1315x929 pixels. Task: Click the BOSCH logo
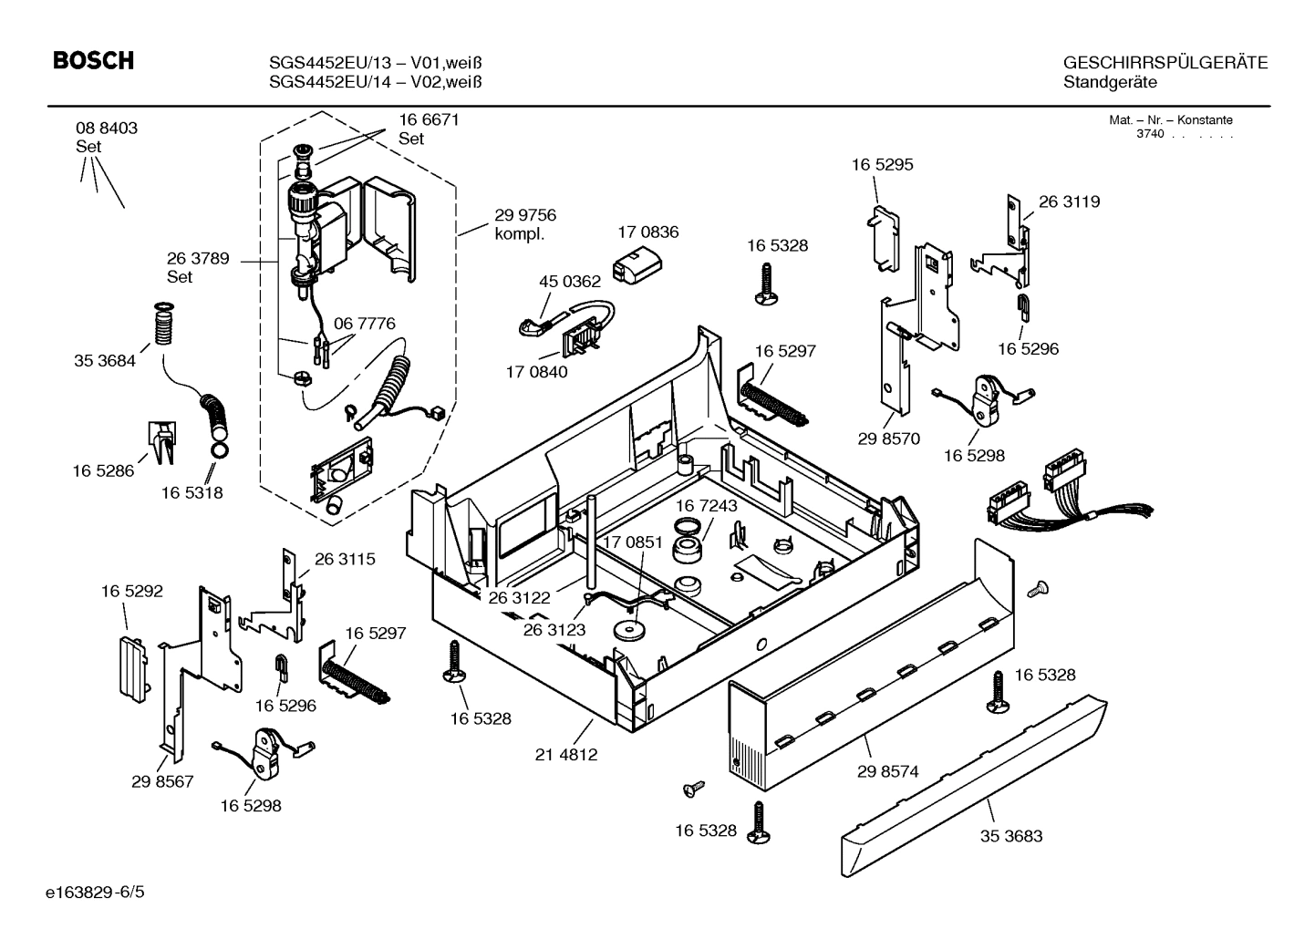93,61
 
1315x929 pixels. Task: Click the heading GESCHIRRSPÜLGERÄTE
1165,63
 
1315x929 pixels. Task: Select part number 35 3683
1010,836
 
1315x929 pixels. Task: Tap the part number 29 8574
887,771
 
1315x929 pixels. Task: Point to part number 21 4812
566,755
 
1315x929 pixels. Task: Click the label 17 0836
647,232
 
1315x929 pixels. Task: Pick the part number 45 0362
570,283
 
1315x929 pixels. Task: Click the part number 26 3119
1069,201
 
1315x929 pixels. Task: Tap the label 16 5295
882,165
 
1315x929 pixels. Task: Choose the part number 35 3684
105,361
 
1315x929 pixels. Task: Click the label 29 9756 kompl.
524,224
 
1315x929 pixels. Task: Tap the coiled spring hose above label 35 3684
165,325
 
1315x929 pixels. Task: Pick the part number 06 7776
364,324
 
